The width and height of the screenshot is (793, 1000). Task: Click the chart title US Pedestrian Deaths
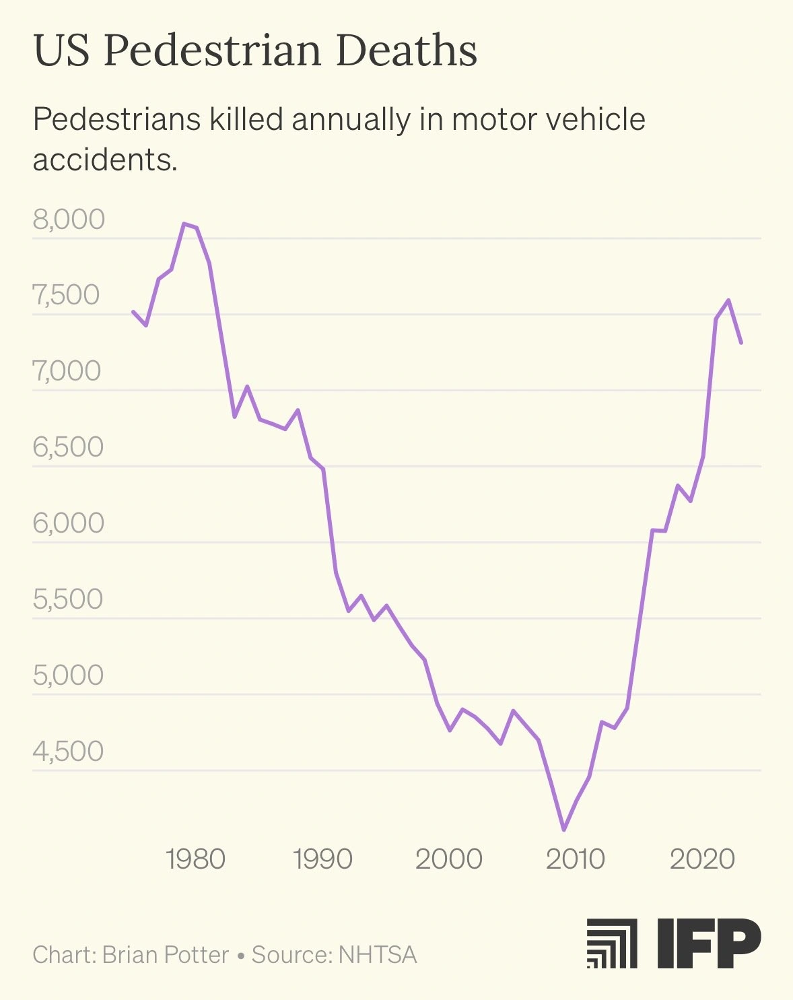tap(255, 51)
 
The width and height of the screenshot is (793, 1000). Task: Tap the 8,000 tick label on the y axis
tap(69, 220)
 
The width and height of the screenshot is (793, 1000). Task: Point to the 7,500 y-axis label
tap(66, 295)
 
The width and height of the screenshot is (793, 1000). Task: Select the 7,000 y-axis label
tap(67, 371)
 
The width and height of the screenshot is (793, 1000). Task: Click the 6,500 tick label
tap(68, 447)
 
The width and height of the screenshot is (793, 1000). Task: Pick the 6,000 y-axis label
tap(68, 523)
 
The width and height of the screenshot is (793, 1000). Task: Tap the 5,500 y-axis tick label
tap(68, 599)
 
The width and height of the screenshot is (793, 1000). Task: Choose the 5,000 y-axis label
tap(68, 675)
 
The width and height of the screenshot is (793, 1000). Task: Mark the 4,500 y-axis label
tap(68, 752)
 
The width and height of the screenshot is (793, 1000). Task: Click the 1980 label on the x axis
tap(195, 859)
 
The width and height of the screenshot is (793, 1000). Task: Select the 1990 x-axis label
tap(322, 859)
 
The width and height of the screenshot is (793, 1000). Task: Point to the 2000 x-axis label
tap(448, 859)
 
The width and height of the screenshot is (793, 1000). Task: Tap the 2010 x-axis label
tap(575, 859)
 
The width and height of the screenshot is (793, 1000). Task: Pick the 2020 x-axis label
tap(702, 859)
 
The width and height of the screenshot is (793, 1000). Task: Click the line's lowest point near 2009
tap(564, 830)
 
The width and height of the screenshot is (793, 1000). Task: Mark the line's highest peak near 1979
tap(184, 224)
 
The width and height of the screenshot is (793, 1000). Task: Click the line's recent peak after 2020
tap(728, 300)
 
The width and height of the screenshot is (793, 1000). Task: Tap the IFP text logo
tap(708, 943)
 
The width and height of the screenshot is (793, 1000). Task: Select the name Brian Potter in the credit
tap(166, 955)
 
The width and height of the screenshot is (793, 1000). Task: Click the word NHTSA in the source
tap(378, 955)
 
